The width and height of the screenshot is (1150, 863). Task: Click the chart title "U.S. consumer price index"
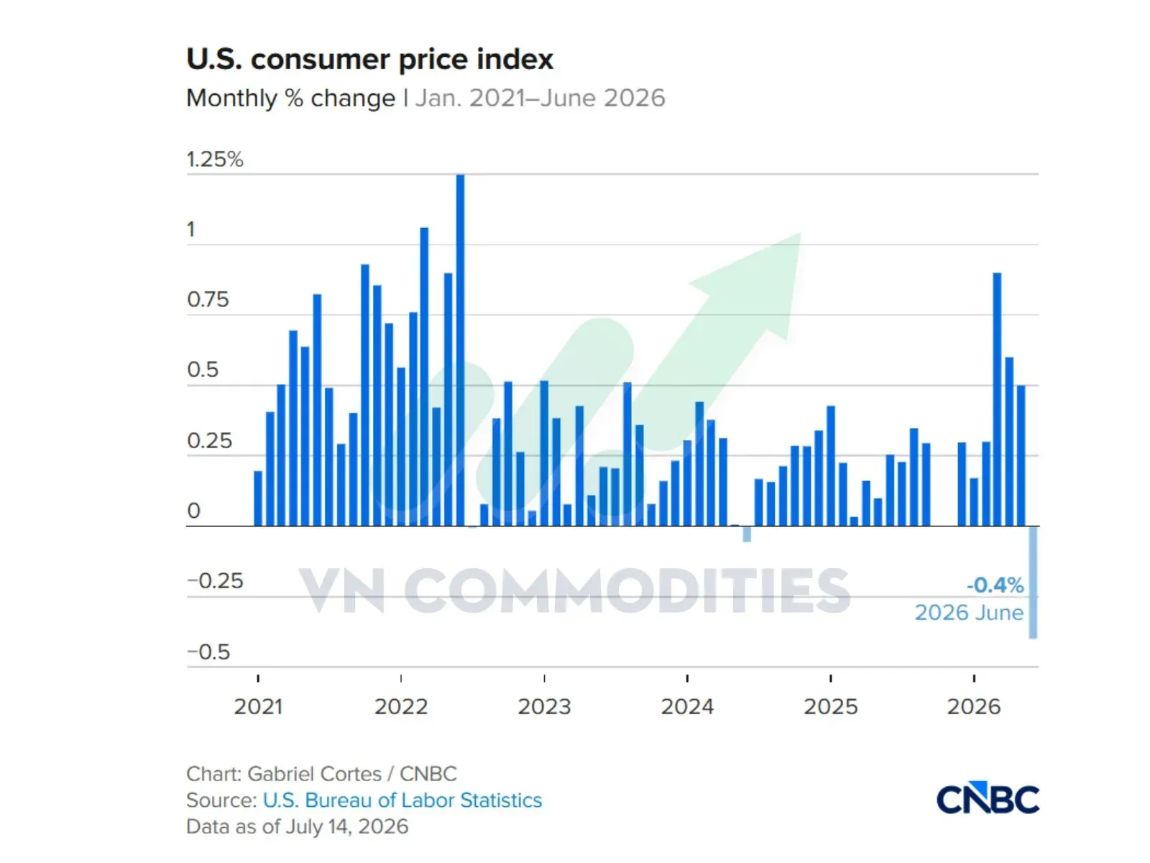click(369, 59)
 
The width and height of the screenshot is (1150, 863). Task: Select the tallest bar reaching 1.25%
click(460, 350)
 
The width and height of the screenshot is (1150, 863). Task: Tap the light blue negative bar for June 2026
click(1033, 582)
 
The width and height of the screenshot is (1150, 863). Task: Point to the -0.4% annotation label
click(995, 585)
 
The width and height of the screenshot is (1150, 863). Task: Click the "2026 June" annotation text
click(969, 613)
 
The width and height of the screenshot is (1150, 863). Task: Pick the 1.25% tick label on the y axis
click(215, 159)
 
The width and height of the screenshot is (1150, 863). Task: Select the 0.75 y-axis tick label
click(208, 300)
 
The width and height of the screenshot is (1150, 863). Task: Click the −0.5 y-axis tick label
click(208, 652)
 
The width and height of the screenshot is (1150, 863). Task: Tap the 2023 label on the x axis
click(544, 707)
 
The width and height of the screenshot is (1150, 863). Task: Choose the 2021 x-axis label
click(258, 707)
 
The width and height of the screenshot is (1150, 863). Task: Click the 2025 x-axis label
click(830, 707)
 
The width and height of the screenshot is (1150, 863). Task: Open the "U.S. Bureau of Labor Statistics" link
click(402, 800)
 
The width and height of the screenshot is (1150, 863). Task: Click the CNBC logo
click(988, 798)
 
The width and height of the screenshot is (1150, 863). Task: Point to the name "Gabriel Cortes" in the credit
click(314, 773)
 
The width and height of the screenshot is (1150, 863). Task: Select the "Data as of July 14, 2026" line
click(297, 826)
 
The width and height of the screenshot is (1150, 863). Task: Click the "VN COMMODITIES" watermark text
click(574, 590)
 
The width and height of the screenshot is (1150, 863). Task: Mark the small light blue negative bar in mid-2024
click(747, 534)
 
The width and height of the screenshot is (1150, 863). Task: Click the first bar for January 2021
click(258, 498)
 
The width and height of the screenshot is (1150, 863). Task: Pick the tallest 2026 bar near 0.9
click(997, 399)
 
